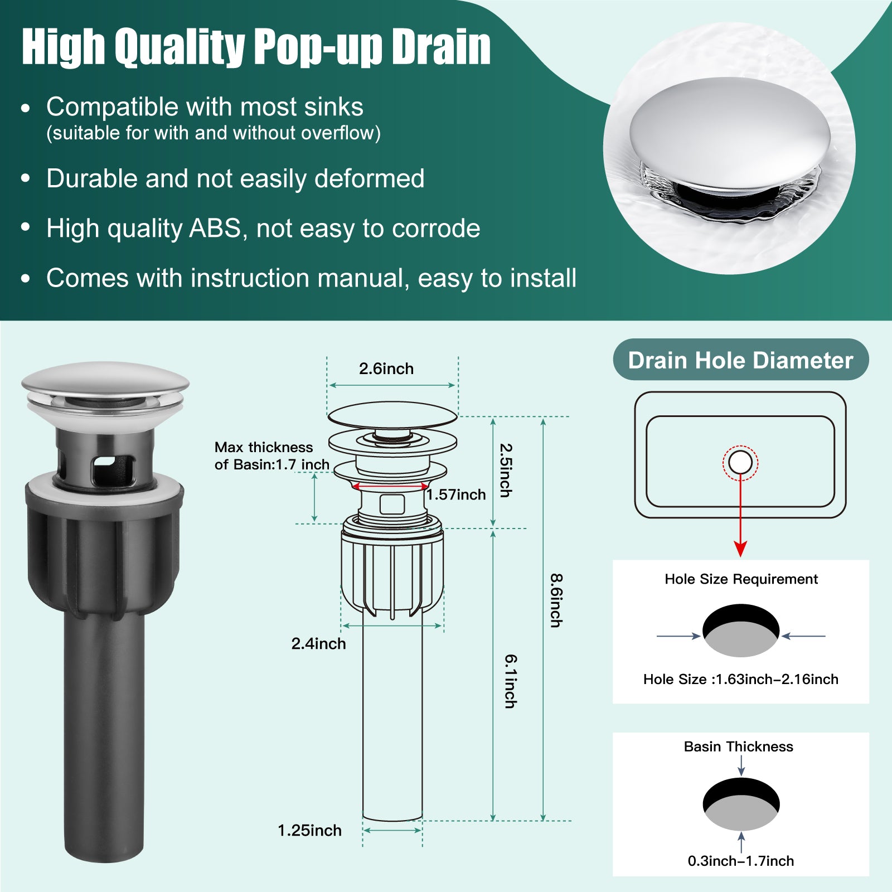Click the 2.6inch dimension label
click(x=386, y=369)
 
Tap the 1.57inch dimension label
click(x=456, y=495)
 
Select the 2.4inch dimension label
click(x=318, y=643)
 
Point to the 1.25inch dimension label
click(x=309, y=830)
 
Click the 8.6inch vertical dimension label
click(x=556, y=600)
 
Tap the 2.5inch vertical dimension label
click(x=505, y=470)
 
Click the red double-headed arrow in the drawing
click(x=391, y=487)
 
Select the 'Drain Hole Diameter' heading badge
click(x=741, y=360)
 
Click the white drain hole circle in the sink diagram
click(x=740, y=463)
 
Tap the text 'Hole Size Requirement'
click(x=741, y=579)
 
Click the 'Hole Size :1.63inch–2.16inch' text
click(x=741, y=679)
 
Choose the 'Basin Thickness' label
click(x=738, y=746)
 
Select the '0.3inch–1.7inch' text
click(x=741, y=861)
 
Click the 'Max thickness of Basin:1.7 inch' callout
click(x=272, y=456)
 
